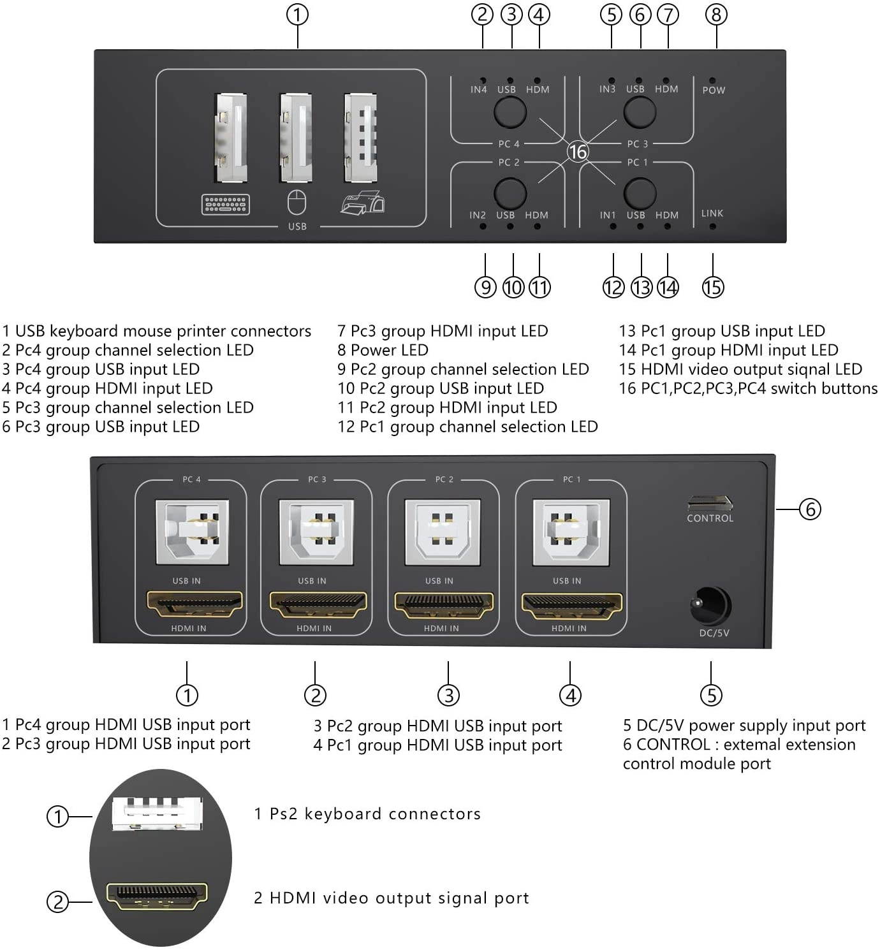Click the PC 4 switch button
(510, 112)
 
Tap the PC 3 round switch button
(639, 112)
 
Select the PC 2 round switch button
(510, 193)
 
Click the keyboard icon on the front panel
(225, 205)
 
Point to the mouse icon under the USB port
(297, 203)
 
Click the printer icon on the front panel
(362, 203)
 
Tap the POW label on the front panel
(714, 91)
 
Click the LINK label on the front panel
(712, 214)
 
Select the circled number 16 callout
(578, 152)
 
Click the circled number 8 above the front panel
(716, 15)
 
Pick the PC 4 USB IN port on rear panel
(192, 532)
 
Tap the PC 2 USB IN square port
(443, 532)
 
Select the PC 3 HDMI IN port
(318, 605)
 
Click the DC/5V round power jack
(710, 606)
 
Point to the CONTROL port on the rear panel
(710, 503)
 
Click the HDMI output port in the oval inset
(157, 896)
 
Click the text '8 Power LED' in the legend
(383, 350)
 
